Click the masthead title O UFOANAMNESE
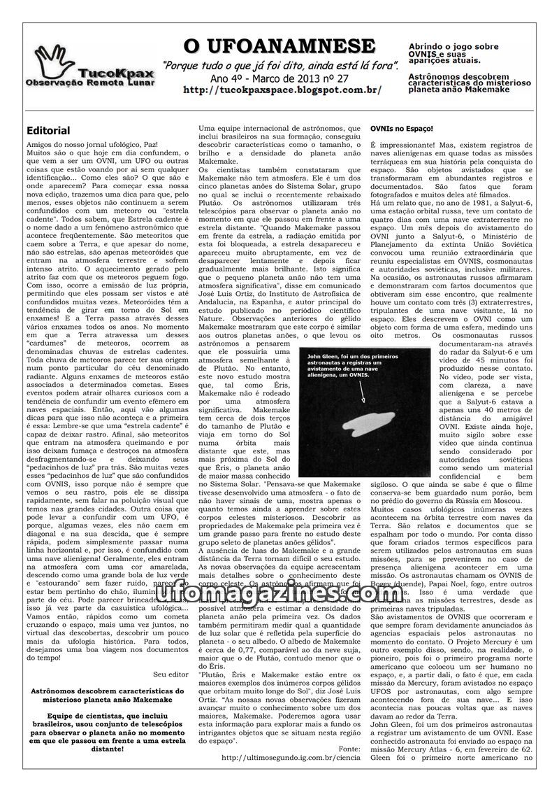[279, 47]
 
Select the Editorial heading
[48, 131]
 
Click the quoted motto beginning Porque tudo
[280, 65]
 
